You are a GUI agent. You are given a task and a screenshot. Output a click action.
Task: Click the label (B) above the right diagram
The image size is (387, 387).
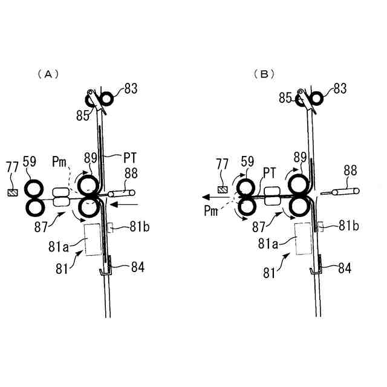click(264, 74)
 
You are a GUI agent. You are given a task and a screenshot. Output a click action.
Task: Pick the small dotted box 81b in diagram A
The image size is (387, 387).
click(111, 228)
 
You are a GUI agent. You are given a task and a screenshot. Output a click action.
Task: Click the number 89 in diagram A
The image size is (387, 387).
click(91, 158)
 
